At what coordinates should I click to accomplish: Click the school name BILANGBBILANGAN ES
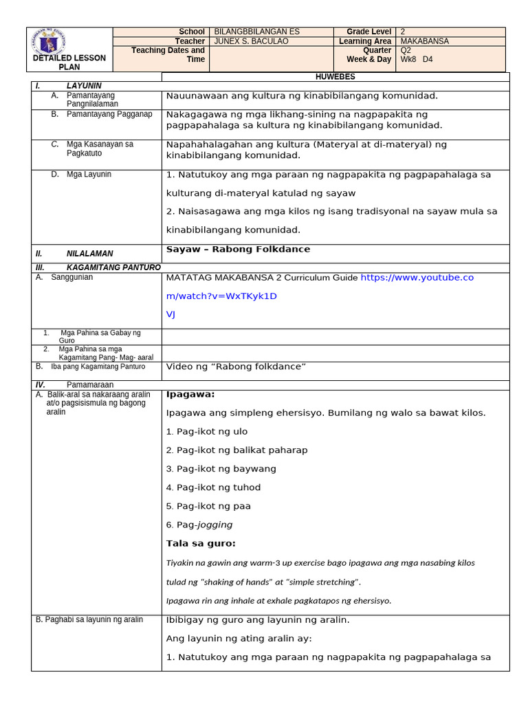pyautogui.click(x=257, y=32)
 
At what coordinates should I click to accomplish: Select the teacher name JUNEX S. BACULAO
pyautogui.click(x=252, y=41)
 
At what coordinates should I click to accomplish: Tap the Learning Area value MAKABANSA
pyautogui.click(x=424, y=41)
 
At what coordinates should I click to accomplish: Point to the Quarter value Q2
pyautogui.click(x=406, y=50)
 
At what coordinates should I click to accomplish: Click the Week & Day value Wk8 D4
pyautogui.click(x=417, y=59)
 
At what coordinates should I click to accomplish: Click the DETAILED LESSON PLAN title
pyautogui.click(x=69, y=63)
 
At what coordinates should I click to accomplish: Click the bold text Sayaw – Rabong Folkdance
pyautogui.click(x=238, y=250)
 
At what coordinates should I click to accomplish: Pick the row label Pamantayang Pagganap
pyautogui.click(x=109, y=114)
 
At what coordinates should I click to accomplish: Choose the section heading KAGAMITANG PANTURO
pyautogui.click(x=113, y=267)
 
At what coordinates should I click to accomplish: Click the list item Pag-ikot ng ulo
pyautogui.click(x=206, y=432)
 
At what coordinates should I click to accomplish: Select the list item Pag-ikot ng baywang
pyautogui.click(x=221, y=469)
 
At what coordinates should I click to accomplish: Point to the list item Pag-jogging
pyautogui.click(x=199, y=525)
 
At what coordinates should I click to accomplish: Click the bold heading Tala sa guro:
pyautogui.click(x=201, y=544)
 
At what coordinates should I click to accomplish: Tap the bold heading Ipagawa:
pyautogui.click(x=190, y=395)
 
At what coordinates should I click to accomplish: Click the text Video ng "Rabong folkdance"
pyautogui.click(x=236, y=367)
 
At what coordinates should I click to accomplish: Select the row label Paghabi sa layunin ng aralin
pyautogui.click(x=89, y=620)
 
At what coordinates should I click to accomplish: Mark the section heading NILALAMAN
pyautogui.click(x=89, y=254)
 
